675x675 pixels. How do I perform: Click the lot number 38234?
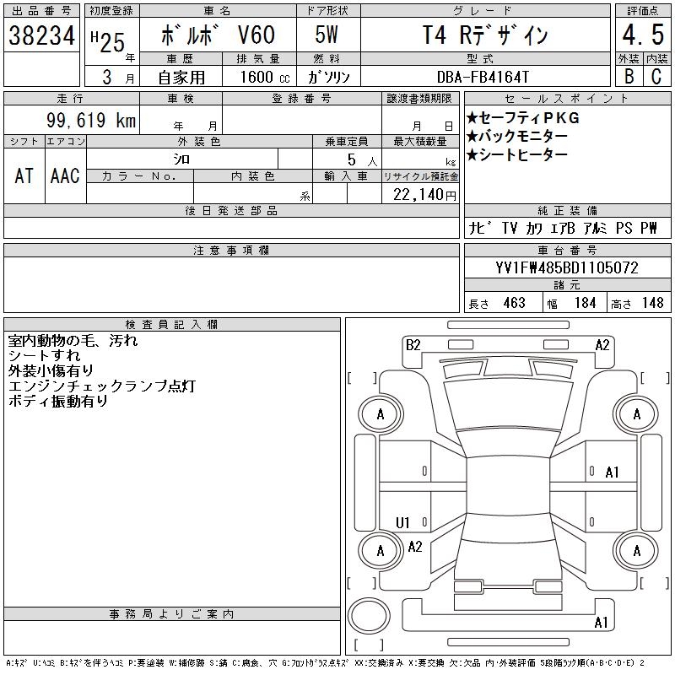coord(41,35)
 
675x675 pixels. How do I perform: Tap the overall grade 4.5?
coord(643,35)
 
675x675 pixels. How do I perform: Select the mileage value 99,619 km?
coord(91,120)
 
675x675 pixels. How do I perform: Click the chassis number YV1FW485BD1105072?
coord(567,267)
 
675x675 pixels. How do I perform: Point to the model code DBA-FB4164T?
coord(483,77)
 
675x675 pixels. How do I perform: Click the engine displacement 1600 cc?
coord(265,77)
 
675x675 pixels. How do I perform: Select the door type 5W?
coord(327,35)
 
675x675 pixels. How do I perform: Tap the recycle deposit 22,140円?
coord(424,195)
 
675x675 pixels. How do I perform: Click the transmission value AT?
coord(24,175)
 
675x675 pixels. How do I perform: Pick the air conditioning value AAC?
coord(65,175)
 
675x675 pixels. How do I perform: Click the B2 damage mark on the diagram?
coord(413,345)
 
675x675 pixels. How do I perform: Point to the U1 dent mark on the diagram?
coord(402,522)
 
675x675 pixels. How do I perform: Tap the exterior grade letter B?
coord(629,77)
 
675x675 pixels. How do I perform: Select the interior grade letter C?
coord(656,77)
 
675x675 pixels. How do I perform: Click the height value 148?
coord(652,303)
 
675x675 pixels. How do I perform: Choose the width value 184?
coord(585,303)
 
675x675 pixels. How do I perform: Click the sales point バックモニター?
coord(516,137)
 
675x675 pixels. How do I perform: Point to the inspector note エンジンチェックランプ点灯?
coord(102,386)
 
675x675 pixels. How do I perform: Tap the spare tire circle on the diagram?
coord(369,616)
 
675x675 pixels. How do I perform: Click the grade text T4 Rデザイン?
coord(484,35)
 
